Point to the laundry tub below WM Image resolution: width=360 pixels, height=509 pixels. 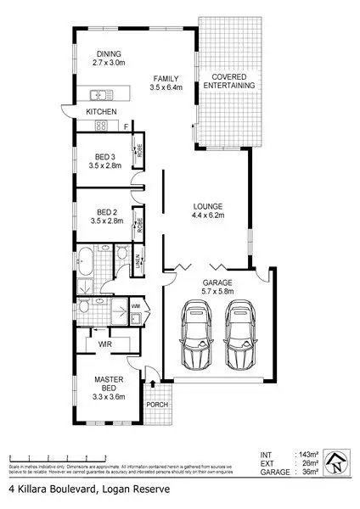[x=136, y=320]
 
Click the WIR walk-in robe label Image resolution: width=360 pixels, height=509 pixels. [x=106, y=344]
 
